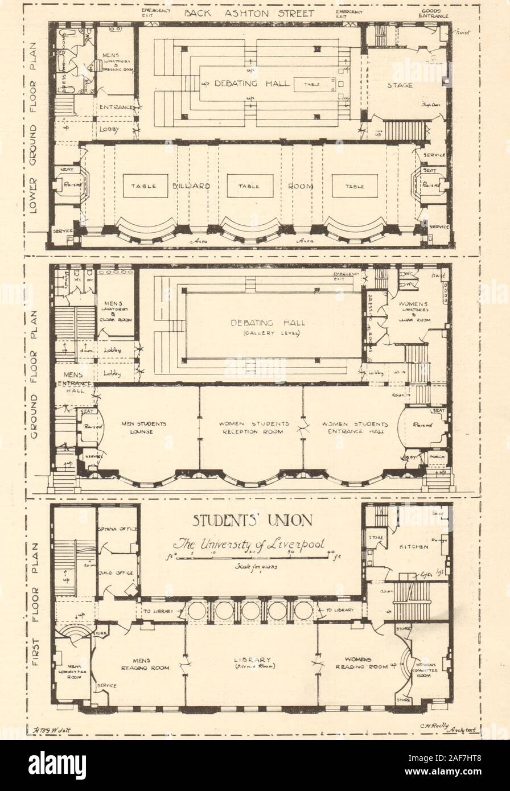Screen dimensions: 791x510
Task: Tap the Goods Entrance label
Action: pos(434,14)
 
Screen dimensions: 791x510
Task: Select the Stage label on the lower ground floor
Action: pos(400,86)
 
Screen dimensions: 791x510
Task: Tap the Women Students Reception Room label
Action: pos(252,428)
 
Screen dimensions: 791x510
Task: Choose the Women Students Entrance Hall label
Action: pos(355,428)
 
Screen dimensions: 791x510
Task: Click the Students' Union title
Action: pos(252,520)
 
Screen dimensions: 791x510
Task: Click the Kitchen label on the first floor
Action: pos(414,547)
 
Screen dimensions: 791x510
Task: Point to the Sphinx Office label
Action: pos(118,529)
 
